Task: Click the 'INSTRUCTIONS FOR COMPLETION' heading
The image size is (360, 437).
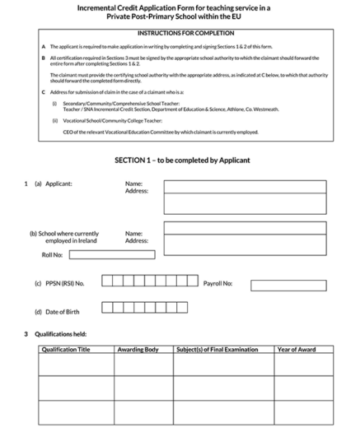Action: (x=185, y=33)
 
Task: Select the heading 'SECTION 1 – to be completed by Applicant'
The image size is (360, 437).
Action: (x=182, y=160)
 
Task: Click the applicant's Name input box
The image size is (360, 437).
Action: (x=245, y=185)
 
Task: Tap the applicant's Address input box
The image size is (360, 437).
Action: (x=245, y=203)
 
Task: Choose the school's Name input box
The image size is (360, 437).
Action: (x=245, y=228)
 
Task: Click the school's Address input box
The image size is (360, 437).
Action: (x=245, y=245)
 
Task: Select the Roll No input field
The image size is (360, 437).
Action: (x=111, y=255)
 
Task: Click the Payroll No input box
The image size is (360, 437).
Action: (x=282, y=285)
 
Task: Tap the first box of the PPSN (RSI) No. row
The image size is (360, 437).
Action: (x=107, y=281)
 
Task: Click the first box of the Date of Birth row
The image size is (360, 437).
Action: (x=107, y=308)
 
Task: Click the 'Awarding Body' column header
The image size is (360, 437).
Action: (x=138, y=350)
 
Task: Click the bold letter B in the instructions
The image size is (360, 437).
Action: (x=44, y=58)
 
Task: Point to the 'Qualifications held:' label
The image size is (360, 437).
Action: (x=60, y=334)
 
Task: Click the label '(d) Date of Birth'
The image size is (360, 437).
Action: (x=57, y=312)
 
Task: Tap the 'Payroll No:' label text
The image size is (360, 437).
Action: (x=217, y=284)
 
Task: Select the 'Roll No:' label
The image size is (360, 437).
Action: (x=52, y=255)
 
